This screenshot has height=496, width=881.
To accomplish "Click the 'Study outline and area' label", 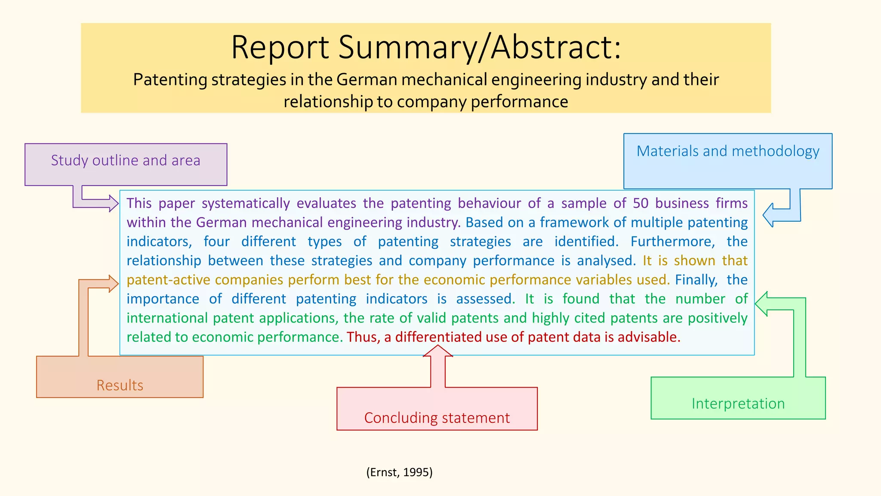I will (x=126, y=160).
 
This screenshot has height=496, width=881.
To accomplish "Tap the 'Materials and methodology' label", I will (x=728, y=151).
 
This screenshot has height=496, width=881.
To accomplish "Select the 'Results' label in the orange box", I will (x=120, y=385).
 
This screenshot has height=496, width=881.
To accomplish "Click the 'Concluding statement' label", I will (x=437, y=418).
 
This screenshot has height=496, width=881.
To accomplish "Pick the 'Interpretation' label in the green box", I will (x=738, y=403).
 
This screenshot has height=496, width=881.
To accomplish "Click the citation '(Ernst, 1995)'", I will (x=399, y=472).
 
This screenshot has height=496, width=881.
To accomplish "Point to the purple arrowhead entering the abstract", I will (x=113, y=203).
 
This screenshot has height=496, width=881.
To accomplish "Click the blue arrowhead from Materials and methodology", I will (x=768, y=215).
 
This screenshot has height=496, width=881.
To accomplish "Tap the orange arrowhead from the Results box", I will (x=113, y=284).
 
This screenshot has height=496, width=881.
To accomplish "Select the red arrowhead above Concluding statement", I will (x=438, y=350).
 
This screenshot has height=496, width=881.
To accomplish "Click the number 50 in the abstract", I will (x=641, y=203).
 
